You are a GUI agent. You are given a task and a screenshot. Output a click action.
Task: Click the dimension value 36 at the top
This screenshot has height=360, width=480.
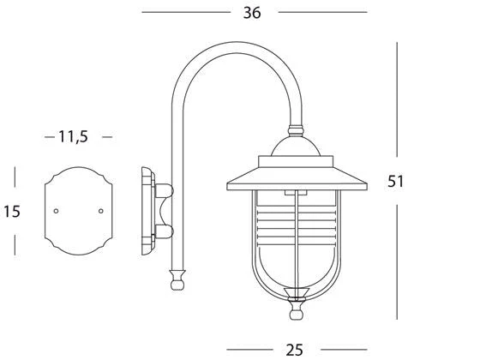[252, 13]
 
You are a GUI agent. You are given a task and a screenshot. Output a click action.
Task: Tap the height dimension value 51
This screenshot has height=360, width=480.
[396, 181]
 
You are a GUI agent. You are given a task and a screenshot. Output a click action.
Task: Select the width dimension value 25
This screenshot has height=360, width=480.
[295, 350]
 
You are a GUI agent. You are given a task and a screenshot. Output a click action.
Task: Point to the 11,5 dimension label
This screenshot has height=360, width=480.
[73, 137]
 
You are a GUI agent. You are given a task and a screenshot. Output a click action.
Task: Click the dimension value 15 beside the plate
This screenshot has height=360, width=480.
[12, 211]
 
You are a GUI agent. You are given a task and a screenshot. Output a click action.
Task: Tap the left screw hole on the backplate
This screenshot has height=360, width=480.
[56, 211]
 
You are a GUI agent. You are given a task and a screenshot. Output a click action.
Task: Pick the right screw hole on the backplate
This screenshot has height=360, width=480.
[101, 211]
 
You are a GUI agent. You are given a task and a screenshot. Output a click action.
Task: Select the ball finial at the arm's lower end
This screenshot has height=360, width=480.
[177, 285]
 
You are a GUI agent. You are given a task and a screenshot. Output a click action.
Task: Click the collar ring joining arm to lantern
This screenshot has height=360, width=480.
[296, 130]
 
